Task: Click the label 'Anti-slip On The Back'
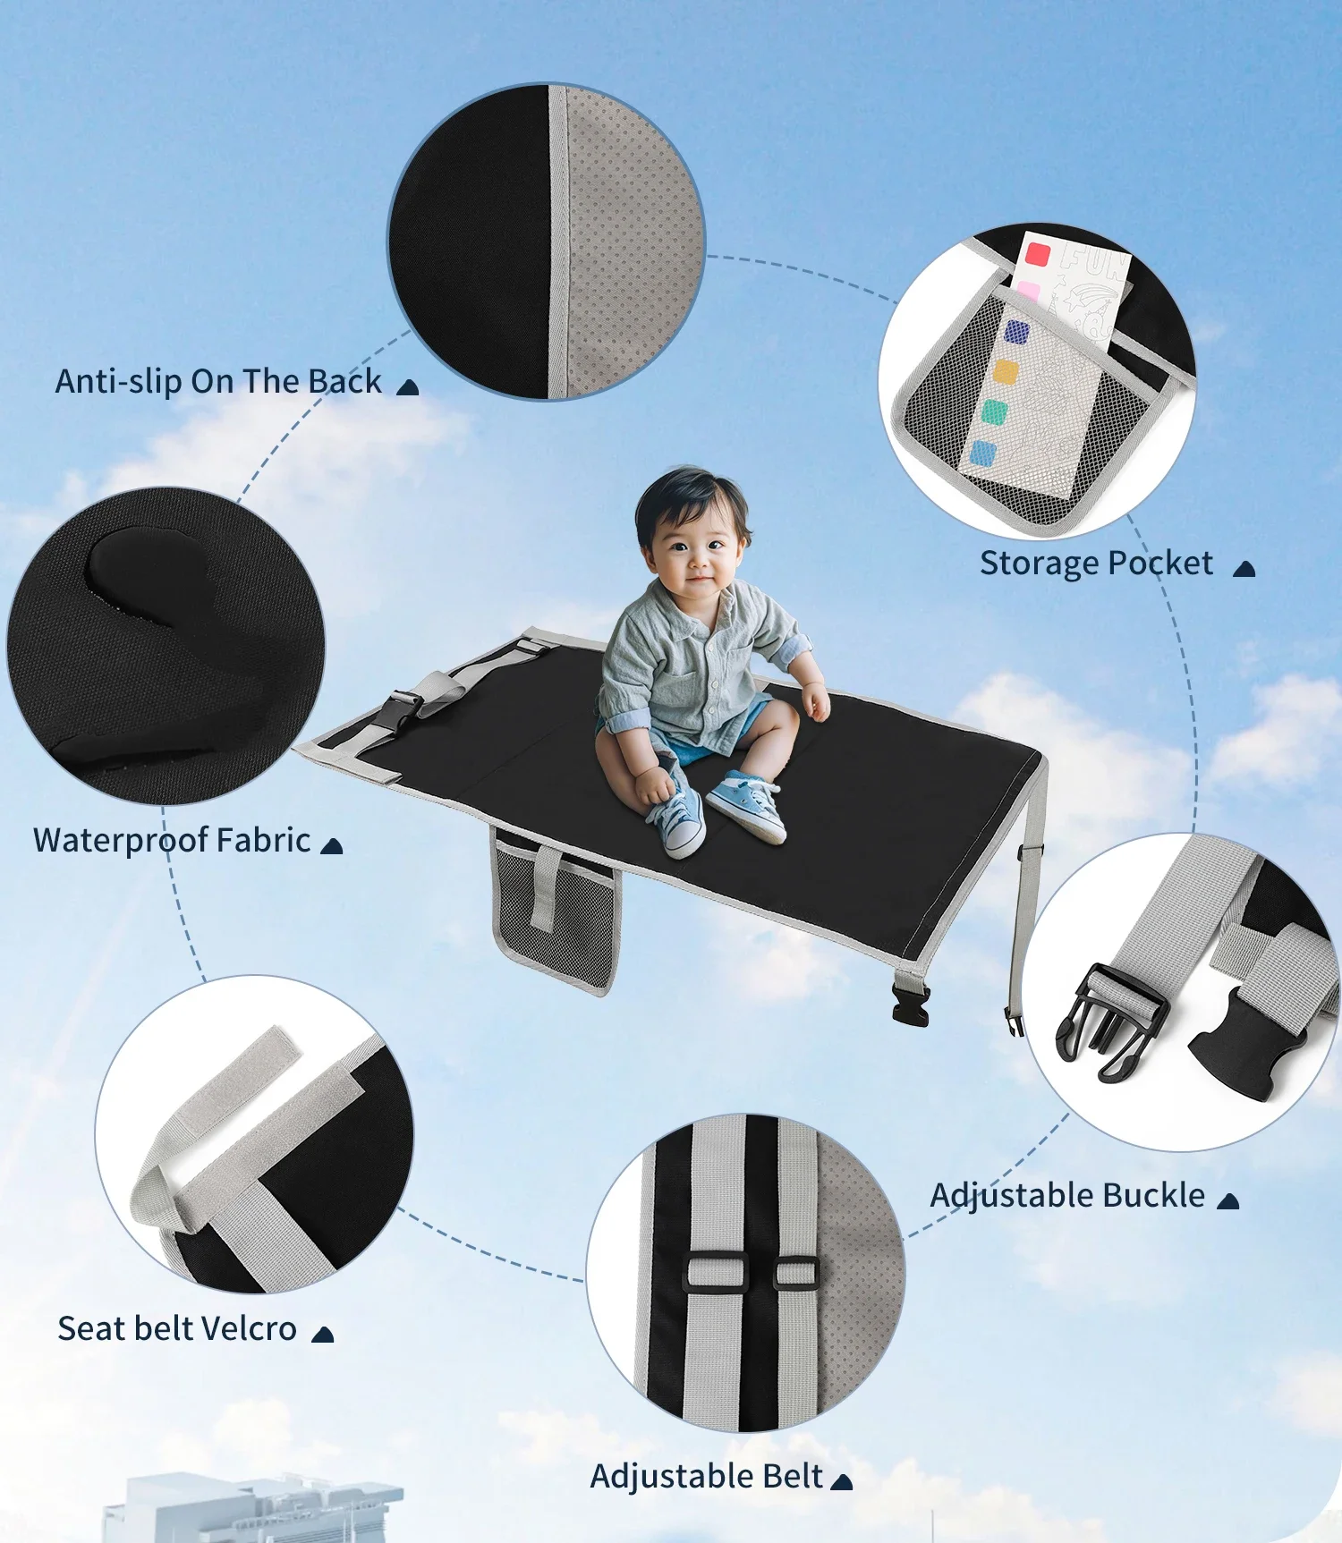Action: point(218,382)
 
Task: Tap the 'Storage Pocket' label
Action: point(1096,564)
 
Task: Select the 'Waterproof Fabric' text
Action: point(172,841)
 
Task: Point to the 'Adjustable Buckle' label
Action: point(1067,1196)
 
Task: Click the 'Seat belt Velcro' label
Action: point(177,1329)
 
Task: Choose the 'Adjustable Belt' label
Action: point(707,1477)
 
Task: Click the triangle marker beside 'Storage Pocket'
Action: point(1244,569)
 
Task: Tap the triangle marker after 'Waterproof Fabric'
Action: point(331,846)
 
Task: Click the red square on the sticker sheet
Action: point(1037,253)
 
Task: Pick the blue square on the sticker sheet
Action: point(983,454)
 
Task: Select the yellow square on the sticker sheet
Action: point(1007,372)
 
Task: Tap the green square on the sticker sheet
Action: point(994,412)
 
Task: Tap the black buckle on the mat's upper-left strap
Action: point(404,711)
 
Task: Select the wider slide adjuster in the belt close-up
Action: point(716,1272)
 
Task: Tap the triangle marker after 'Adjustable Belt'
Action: point(841,1482)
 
